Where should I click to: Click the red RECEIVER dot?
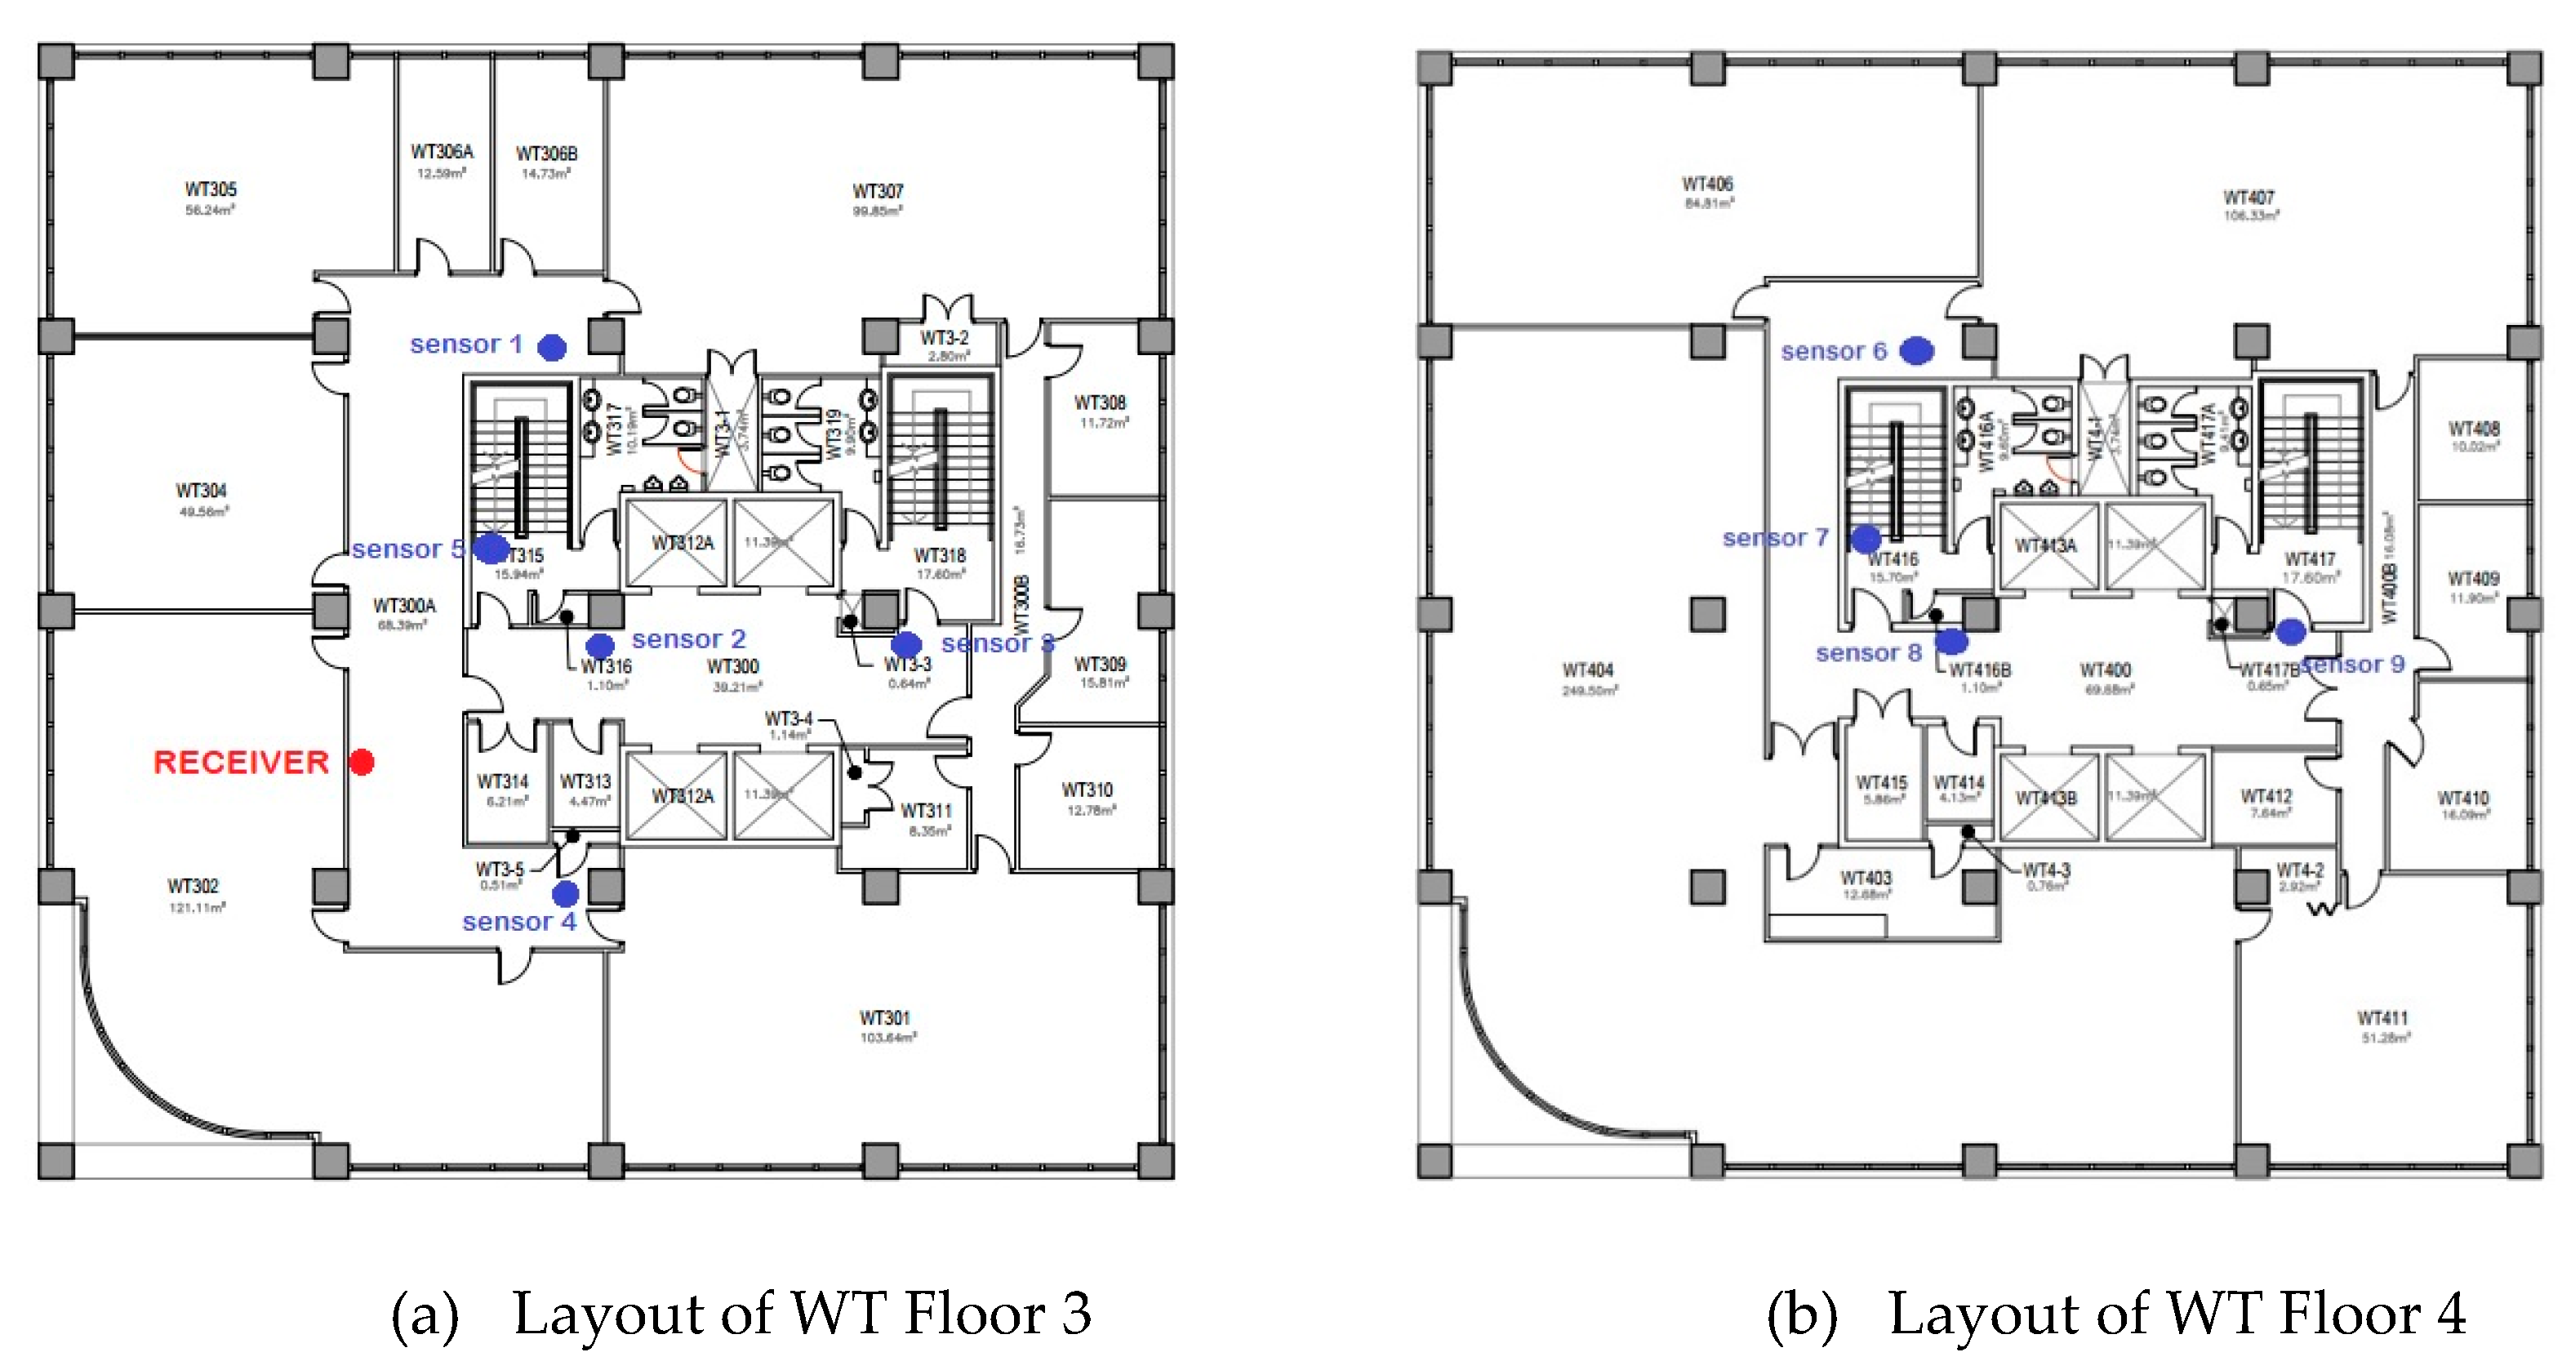coord(363,763)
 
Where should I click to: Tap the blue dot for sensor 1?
coord(552,346)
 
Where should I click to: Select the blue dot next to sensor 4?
coord(566,892)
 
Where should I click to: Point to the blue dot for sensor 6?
coord(1916,350)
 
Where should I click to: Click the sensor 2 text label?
coord(688,638)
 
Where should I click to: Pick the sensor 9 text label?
coord(2354,665)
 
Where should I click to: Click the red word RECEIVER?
coord(241,763)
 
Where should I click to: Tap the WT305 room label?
coord(211,189)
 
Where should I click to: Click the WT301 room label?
coord(885,1018)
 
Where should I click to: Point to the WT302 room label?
coord(193,886)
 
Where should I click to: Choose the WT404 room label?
coord(1588,670)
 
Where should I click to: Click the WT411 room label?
coord(2382,1018)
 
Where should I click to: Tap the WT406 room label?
coord(1708,185)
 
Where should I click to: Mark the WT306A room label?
coord(443,152)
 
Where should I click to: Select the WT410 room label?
coord(2463,798)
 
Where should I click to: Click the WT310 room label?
coord(1088,790)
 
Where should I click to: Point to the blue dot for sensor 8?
coord(1951,641)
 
